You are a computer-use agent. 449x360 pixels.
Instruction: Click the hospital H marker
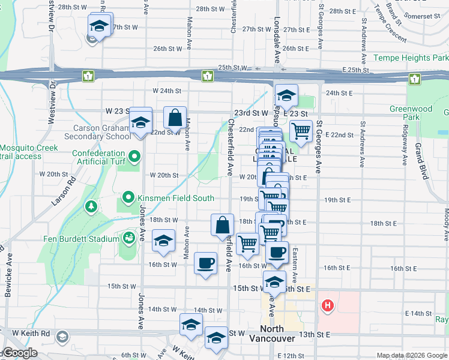point(327,306)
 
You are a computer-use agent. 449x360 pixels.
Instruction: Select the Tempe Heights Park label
point(411,58)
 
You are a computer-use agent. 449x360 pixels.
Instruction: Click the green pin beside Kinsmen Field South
point(128,197)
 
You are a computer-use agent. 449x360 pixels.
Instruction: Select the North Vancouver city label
point(278,338)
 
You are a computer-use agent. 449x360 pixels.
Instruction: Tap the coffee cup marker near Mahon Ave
point(206,262)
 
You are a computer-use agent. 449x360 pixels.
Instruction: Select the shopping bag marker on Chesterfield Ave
point(222,226)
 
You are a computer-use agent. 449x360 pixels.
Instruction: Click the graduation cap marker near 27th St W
point(98,26)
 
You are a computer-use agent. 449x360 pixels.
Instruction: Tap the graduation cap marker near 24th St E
point(287,95)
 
